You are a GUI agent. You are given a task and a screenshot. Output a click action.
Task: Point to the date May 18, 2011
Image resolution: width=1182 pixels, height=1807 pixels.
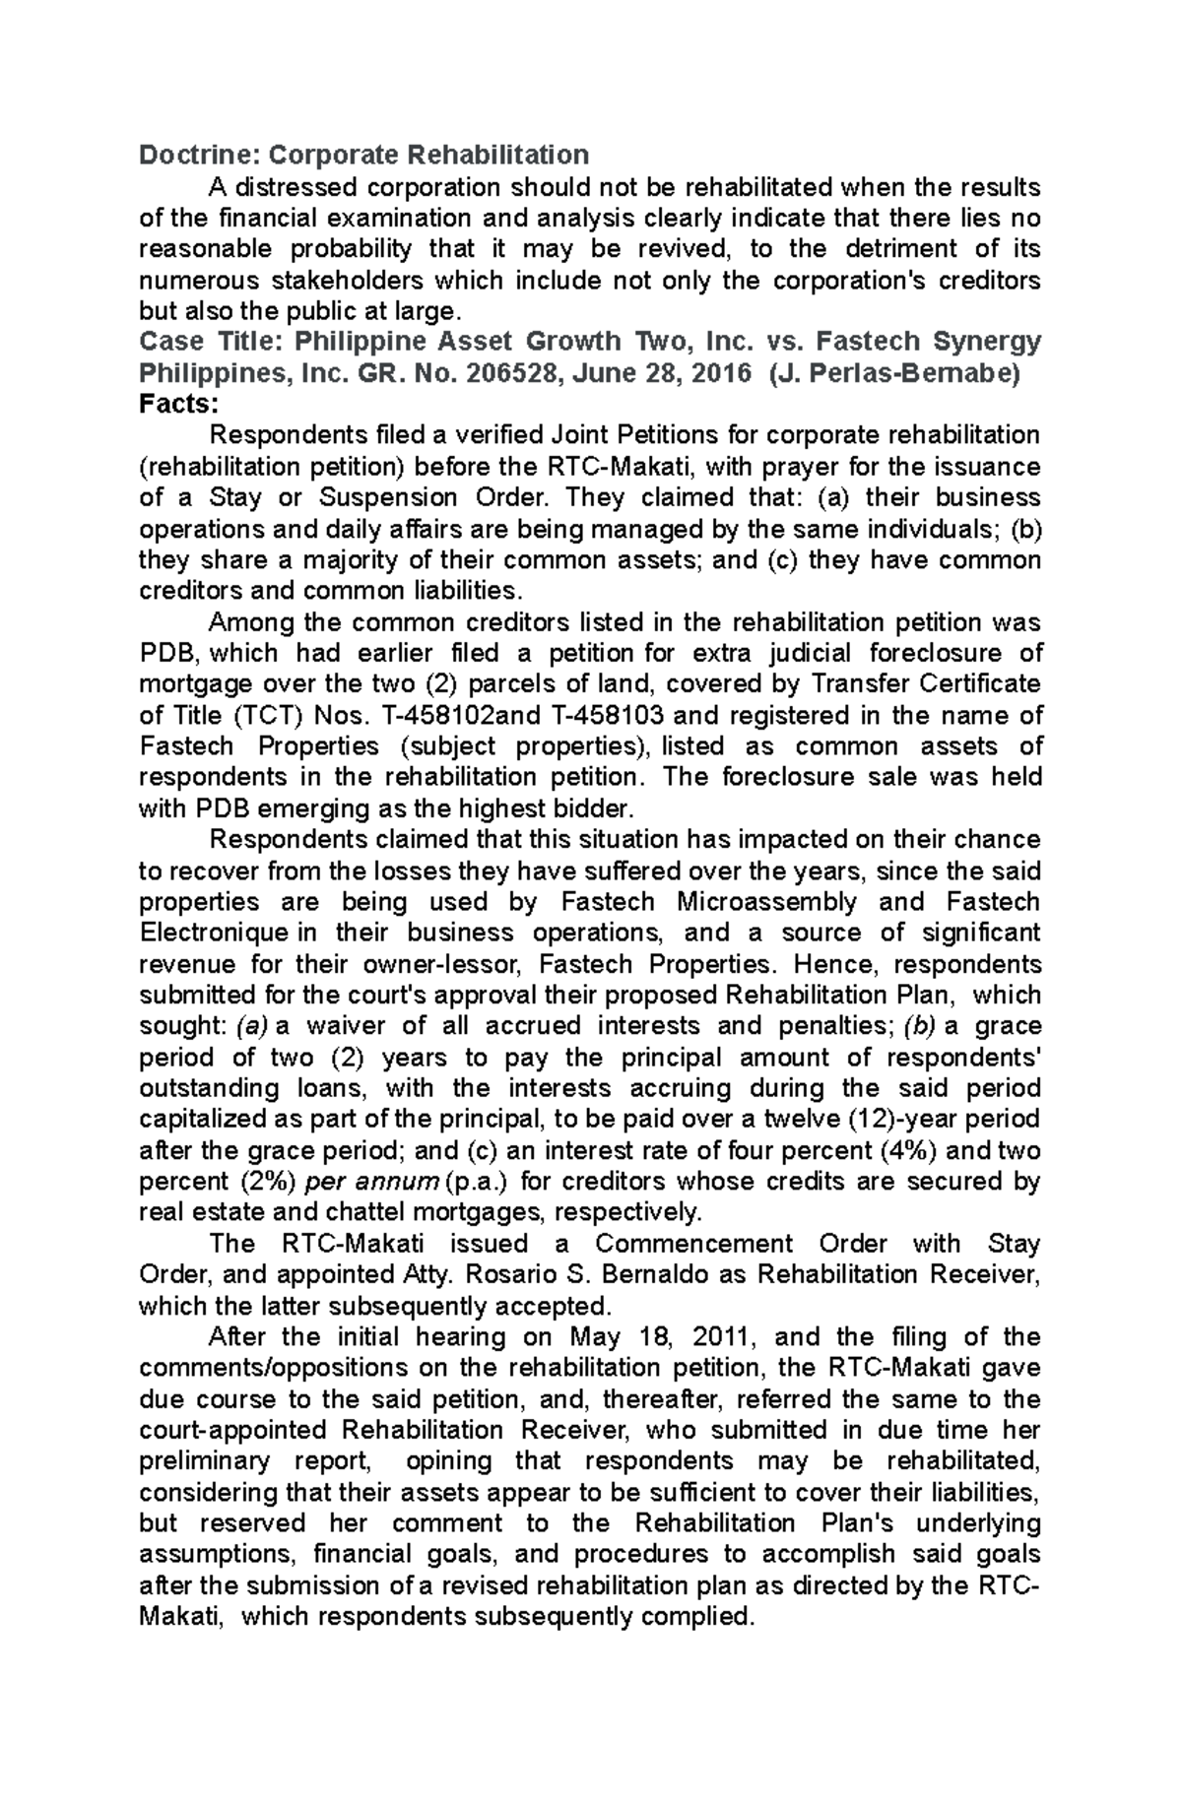pyautogui.click(x=659, y=1337)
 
